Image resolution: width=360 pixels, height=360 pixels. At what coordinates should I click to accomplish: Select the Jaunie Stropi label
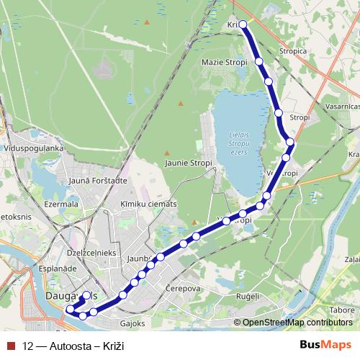pos(188,163)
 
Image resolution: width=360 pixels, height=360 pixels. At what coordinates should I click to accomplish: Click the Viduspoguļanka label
pos(34,148)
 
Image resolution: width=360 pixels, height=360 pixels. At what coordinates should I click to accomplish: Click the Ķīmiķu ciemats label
pos(148,204)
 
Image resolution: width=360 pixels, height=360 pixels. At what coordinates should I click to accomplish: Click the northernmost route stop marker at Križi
pos(243,24)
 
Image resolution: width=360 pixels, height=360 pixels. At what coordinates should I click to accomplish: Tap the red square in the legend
pos(10,345)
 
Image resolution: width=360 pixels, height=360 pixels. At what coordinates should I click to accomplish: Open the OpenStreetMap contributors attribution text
pos(297,323)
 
